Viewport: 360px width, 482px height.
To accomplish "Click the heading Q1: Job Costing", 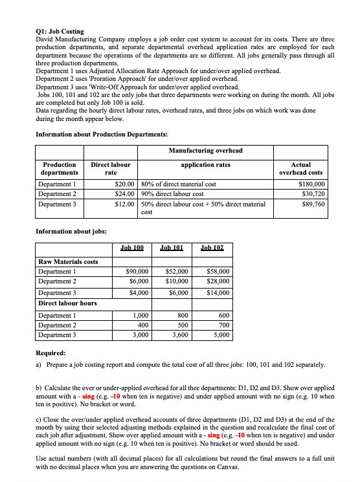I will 60,31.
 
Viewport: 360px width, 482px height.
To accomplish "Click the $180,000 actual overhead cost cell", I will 309,184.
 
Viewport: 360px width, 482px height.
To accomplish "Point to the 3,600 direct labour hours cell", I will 177,335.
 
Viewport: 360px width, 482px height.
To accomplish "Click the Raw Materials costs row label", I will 68,261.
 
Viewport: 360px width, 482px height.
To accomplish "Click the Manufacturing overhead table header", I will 205,150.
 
